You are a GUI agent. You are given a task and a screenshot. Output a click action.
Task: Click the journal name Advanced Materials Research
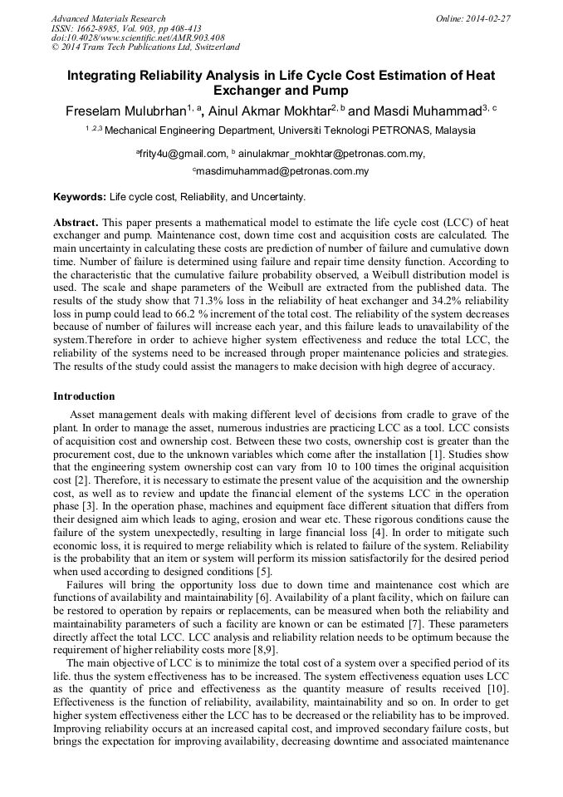[108, 18]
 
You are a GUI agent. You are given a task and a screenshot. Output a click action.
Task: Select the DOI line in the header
[138, 37]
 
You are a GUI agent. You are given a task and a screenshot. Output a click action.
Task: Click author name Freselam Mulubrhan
[118, 111]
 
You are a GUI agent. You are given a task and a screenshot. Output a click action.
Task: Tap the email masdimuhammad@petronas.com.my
[284, 171]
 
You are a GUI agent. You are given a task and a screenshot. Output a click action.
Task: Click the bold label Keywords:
[80, 197]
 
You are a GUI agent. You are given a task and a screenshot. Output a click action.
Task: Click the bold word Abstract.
[76, 224]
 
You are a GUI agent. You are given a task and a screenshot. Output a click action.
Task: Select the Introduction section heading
[84, 396]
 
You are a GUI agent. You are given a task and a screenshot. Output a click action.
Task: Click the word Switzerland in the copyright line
[211, 47]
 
